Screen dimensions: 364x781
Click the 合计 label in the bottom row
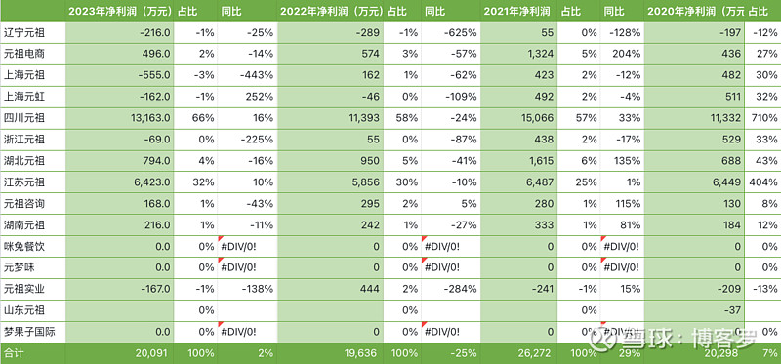(x=14, y=351)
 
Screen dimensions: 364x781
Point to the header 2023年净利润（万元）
(x=119, y=11)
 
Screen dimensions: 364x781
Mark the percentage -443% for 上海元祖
(x=254, y=75)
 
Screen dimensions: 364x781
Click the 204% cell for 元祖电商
(x=625, y=54)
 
